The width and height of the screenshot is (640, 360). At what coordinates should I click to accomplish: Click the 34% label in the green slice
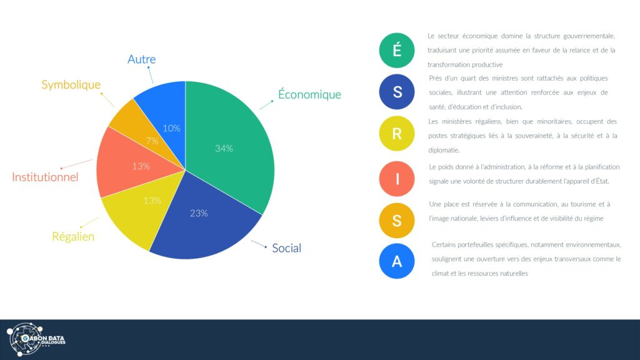[x=224, y=149]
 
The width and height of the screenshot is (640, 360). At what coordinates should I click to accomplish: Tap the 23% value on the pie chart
[x=199, y=213]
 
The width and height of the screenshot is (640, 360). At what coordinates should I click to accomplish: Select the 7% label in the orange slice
[x=152, y=141]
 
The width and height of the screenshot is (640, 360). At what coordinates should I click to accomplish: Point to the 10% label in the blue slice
[x=171, y=128]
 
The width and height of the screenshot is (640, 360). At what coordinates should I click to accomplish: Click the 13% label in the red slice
[x=141, y=166]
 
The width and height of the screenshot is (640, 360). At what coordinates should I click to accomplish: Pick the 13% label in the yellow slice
[x=152, y=201]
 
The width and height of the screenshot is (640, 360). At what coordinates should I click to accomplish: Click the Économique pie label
[x=309, y=94]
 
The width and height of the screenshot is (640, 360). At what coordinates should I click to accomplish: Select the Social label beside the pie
[x=286, y=247]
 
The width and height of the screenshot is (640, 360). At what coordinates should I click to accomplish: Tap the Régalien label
[x=73, y=236]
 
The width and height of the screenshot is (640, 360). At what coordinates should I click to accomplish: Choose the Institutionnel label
[x=45, y=177]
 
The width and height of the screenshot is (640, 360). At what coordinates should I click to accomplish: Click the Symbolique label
[x=71, y=84]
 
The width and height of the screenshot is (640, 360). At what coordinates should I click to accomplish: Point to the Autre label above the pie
[x=142, y=59]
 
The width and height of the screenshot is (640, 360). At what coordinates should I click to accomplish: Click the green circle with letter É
[x=397, y=50]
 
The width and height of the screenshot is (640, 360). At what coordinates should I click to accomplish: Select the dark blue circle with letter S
[x=397, y=92]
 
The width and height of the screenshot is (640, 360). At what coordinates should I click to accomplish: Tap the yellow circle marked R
[x=397, y=134]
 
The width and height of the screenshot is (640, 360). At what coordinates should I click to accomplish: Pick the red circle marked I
[x=397, y=179]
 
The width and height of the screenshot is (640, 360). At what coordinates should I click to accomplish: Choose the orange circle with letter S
[x=397, y=221]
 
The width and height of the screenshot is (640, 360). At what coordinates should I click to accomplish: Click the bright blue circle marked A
[x=397, y=261]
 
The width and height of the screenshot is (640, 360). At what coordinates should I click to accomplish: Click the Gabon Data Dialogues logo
[x=36, y=339]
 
